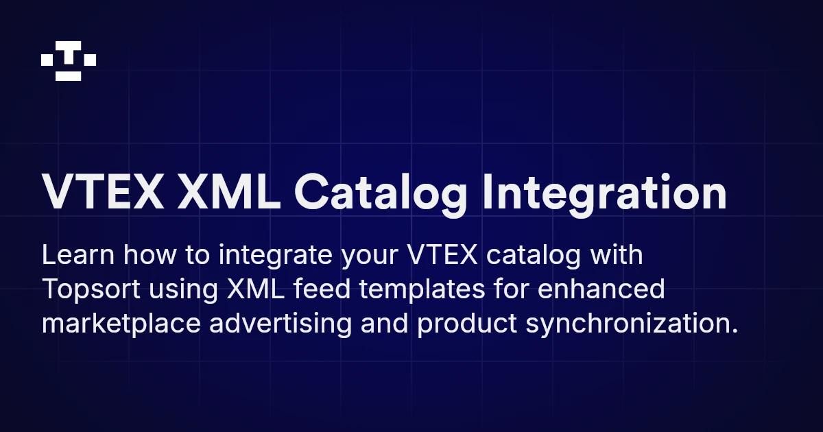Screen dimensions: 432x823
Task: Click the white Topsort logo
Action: (x=69, y=61)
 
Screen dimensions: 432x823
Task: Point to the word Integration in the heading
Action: (x=604, y=193)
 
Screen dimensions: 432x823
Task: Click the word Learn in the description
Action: (x=77, y=255)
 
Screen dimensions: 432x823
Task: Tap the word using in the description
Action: (x=183, y=290)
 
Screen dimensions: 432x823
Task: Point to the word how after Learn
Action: (x=147, y=255)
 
